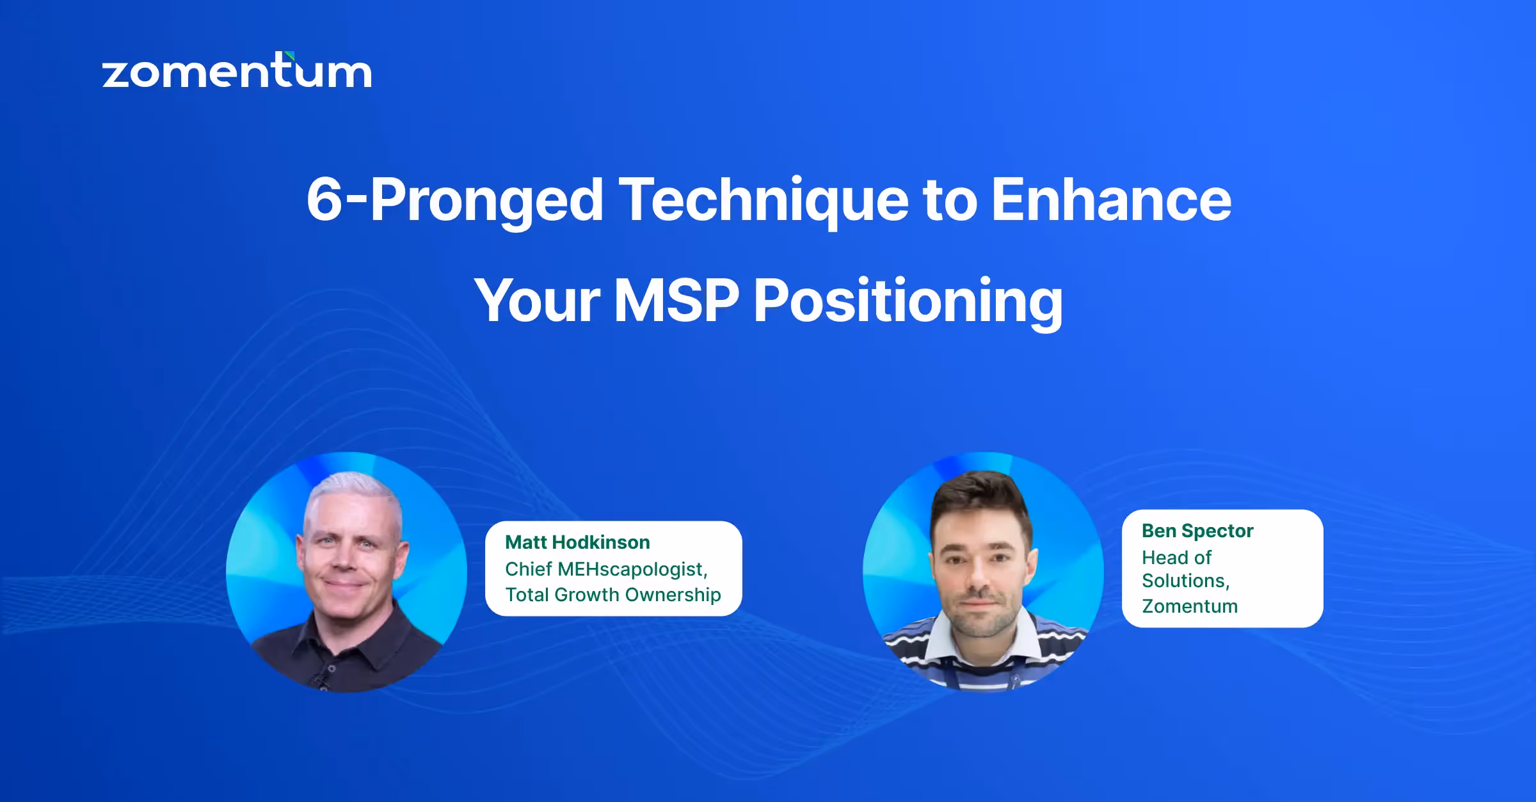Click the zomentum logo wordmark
coord(237,72)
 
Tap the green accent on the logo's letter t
coord(290,56)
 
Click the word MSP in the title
coord(676,301)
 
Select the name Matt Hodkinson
coord(577,542)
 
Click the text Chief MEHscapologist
coord(605,569)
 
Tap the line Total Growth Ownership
coord(612,595)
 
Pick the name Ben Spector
coord(1197,531)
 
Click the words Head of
coord(1176,558)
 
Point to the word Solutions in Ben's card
coord(1184,581)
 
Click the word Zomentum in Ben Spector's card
coord(1189,606)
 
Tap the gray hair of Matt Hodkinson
coord(352,489)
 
